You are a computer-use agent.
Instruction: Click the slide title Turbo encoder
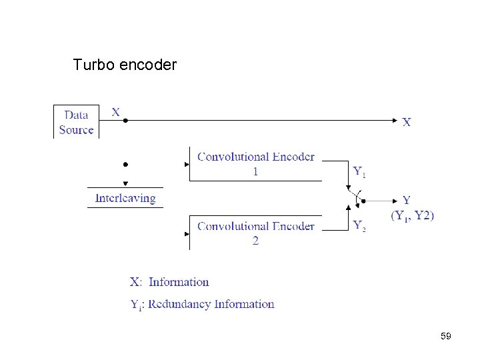[125, 65]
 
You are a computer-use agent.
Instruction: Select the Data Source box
[76, 122]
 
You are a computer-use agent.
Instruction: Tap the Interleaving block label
[125, 198]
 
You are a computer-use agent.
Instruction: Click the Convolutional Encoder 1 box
[255, 164]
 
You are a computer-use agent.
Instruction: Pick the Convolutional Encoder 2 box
[255, 233]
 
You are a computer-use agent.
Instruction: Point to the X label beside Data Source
[116, 112]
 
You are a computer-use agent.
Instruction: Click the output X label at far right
[407, 122]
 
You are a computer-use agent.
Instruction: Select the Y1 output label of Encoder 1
[359, 172]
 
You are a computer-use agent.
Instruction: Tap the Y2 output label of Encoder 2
[359, 225]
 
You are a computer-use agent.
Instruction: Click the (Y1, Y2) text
[412, 215]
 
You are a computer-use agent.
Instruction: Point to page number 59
[446, 337]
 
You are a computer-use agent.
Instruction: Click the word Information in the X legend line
[179, 282]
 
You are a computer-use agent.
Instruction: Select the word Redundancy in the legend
[179, 304]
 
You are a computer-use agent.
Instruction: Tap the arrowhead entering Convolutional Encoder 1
[186, 163]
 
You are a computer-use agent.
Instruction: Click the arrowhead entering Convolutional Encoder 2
[186, 233]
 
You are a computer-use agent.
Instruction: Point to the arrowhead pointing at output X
[395, 121]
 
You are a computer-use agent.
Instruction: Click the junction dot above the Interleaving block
[125, 163]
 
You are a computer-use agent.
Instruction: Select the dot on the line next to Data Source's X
[125, 121]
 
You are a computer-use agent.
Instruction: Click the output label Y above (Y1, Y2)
[407, 200]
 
